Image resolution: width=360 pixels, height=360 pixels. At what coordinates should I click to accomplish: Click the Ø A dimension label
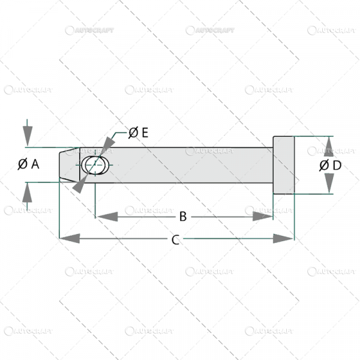[x=28, y=163]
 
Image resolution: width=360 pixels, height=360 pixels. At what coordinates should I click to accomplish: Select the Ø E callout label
[x=138, y=133]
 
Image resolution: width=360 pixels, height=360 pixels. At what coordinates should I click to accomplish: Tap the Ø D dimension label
[x=330, y=165]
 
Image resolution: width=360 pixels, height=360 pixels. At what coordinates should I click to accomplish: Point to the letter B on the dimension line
[x=183, y=216]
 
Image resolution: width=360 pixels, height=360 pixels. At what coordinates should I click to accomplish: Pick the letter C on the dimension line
[x=175, y=239]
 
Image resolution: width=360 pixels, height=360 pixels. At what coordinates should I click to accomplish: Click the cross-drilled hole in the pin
[x=95, y=165]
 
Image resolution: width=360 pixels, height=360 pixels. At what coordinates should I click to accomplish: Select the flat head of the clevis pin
[x=284, y=165]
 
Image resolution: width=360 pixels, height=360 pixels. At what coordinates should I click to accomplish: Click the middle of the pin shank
[x=186, y=165]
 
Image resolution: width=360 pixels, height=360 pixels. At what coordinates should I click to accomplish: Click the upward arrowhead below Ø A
[x=27, y=194]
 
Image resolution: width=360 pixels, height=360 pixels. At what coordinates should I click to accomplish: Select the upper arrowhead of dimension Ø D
[x=329, y=145]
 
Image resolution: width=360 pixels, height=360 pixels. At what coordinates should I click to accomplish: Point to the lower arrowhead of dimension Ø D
[x=329, y=185]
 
